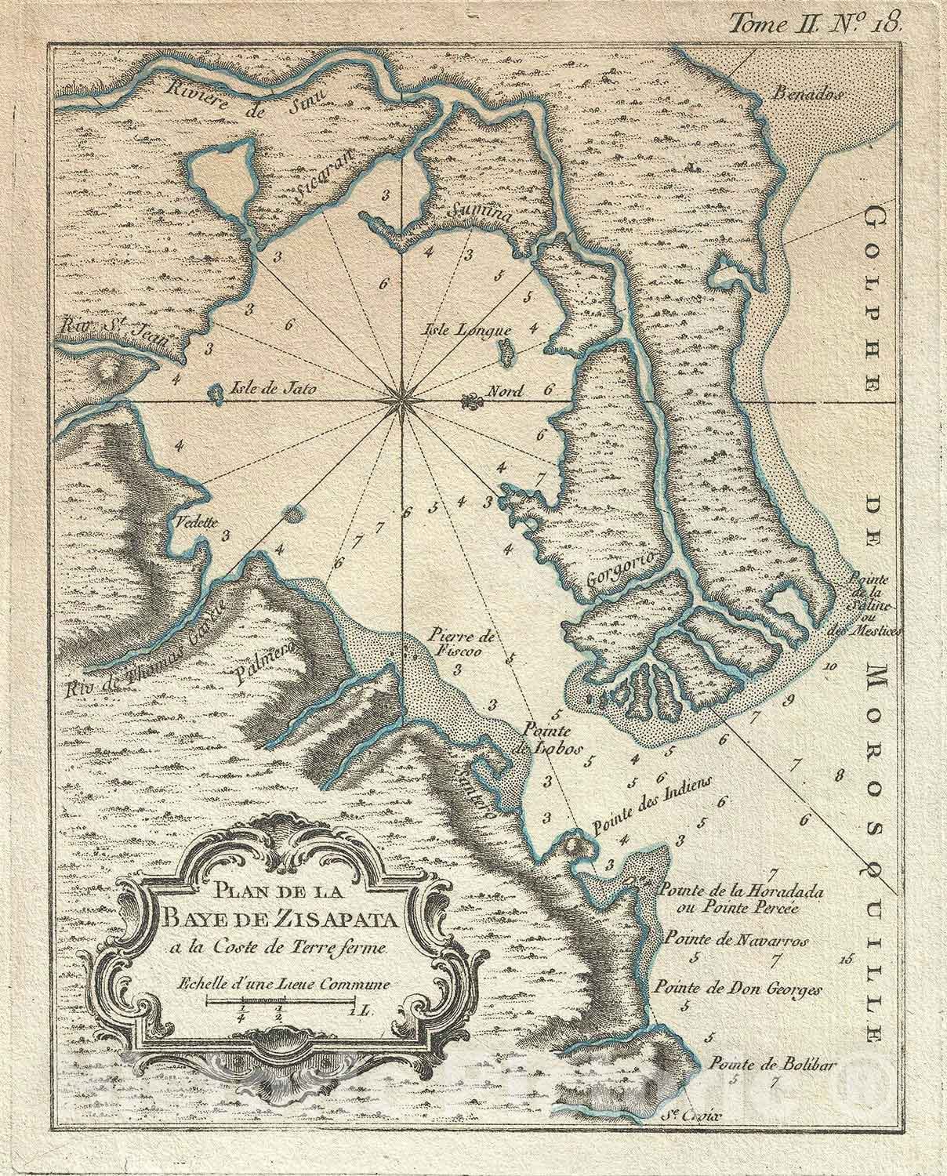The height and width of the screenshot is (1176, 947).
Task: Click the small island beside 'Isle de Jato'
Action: pos(215,394)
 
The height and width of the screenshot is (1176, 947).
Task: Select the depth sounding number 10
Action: pos(831,666)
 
